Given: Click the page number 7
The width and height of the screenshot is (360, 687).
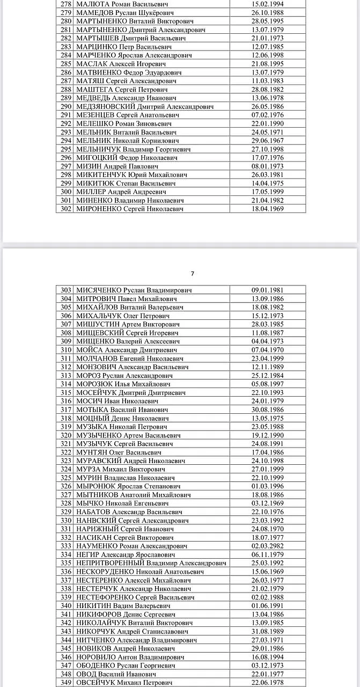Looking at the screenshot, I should (193, 273).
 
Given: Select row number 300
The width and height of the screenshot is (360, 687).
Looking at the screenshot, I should (66, 192).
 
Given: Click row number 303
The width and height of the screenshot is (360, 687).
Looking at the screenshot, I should (66, 290).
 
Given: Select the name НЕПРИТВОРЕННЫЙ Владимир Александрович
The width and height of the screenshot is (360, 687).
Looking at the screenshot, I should (151, 563).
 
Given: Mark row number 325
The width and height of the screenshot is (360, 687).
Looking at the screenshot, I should (66, 478).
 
